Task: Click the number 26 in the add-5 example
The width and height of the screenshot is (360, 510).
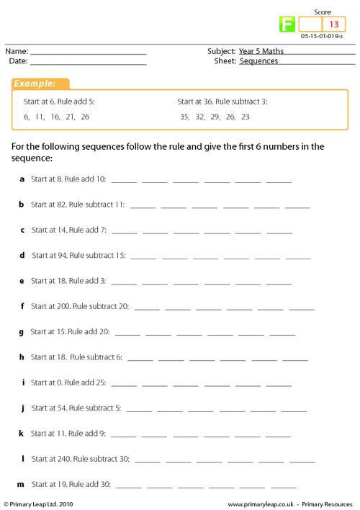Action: click(x=85, y=116)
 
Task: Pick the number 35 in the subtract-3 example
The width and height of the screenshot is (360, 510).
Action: click(x=186, y=116)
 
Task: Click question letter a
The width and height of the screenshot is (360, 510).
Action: click(x=22, y=179)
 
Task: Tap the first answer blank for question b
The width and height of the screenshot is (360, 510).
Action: click(x=142, y=207)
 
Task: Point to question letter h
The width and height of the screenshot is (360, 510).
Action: click(x=22, y=357)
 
